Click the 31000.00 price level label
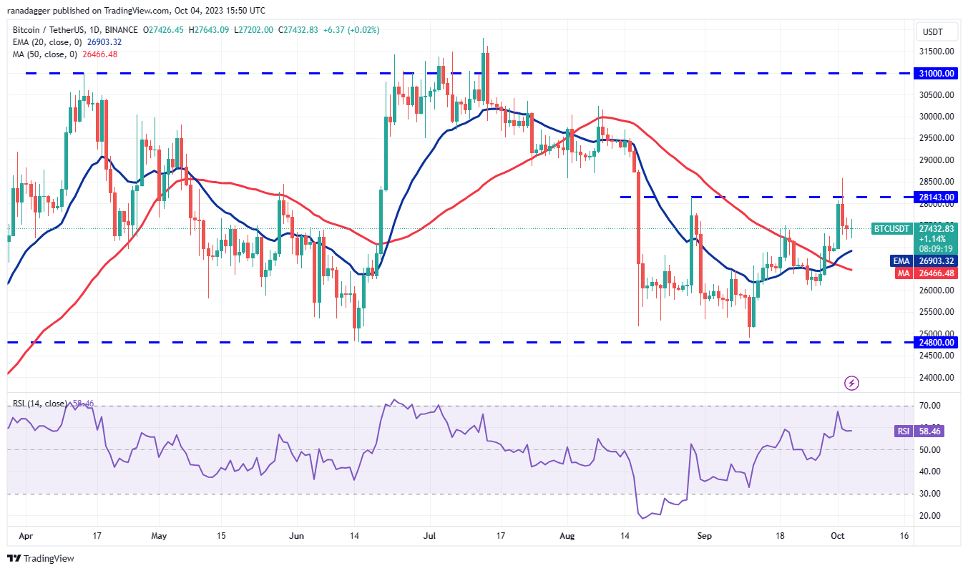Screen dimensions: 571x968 pyautogui.click(x=937, y=73)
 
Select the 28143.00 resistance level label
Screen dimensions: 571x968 pyautogui.click(x=937, y=197)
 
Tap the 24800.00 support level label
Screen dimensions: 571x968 pyautogui.click(x=937, y=343)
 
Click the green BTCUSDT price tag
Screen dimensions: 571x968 pyautogui.click(x=891, y=229)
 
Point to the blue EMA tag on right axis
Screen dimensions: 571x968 pyautogui.click(x=900, y=261)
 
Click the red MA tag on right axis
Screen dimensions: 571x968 pyautogui.click(x=900, y=273)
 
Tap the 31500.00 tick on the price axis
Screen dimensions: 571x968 pyautogui.click(x=937, y=52)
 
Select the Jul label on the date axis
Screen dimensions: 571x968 pyautogui.click(x=430, y=535)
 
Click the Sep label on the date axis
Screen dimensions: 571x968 pyautogui.click(x=704, y=535)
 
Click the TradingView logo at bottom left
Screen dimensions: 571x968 pyautogui.click(x=41, y=558)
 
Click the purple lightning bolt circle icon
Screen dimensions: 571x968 pyautogui.click(x=851, y=384)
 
